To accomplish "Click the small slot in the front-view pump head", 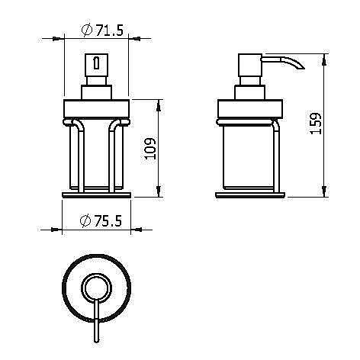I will (95, 62).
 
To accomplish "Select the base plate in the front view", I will (96, 195).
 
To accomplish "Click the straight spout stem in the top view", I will (95, 320).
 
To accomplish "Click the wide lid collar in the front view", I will (96, 108).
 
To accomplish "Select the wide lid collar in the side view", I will (251, 108).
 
